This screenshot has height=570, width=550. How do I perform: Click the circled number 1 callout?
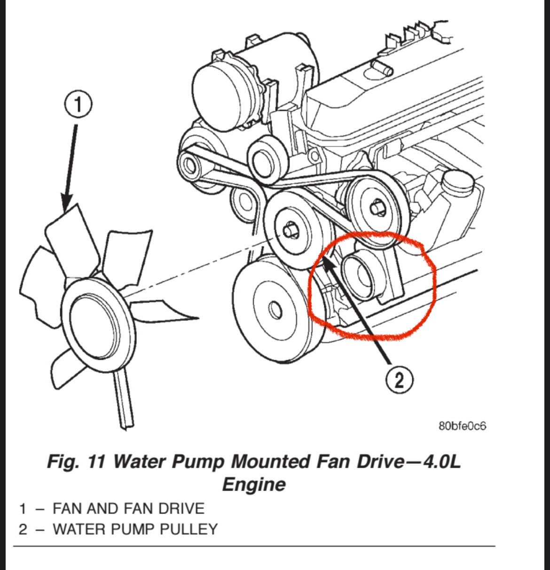click(78, 105)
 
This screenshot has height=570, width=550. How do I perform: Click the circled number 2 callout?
click(399, 380)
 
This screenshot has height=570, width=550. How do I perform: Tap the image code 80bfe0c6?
click(463, 426)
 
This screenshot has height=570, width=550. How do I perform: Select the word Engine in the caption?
click(254, 484)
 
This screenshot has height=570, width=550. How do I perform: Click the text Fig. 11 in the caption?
click(76, 461)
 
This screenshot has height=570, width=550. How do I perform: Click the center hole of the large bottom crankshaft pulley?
click(275, 310)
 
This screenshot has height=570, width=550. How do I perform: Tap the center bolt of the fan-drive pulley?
click(290, 231)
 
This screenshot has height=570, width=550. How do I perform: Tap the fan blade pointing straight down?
click(124, 398)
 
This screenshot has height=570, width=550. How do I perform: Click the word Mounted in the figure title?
click(270, 461)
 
